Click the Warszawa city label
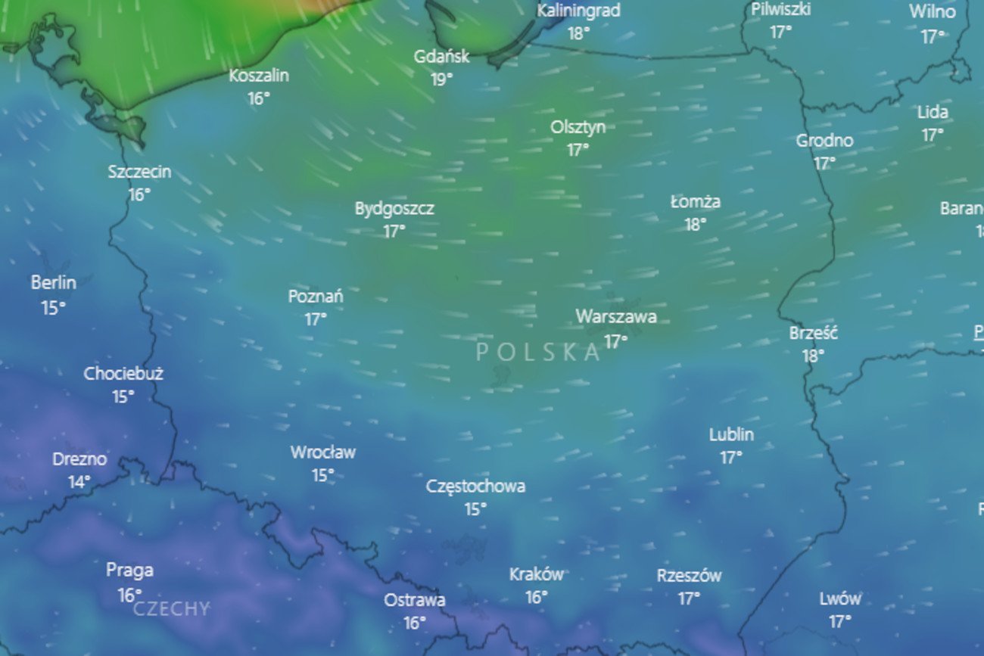[x=615, y=316]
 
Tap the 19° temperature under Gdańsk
[x=442, y=79]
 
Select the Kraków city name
[x=536, y=574]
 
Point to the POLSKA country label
[x=538, y=352]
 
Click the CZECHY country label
[x=171, y=609]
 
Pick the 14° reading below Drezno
[x=79, y=481]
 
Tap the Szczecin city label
[x=139, y=172]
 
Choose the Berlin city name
[x=53, y=283]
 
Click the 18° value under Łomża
[x=696, y=225]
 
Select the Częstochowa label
[x=475, y=486]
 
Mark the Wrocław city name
[x=323, y=452]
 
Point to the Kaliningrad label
[x=578, y=11]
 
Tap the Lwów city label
[x=839, y=598]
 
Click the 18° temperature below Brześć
[x=813, y=356]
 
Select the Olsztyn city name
[x=578, y=127]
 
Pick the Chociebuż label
[x=123, y=373]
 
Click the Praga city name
[x=129, y=570]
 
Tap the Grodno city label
[x=824, y=141]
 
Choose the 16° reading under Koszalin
[x=259, y=98]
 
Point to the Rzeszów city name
[x=689, y=576]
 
